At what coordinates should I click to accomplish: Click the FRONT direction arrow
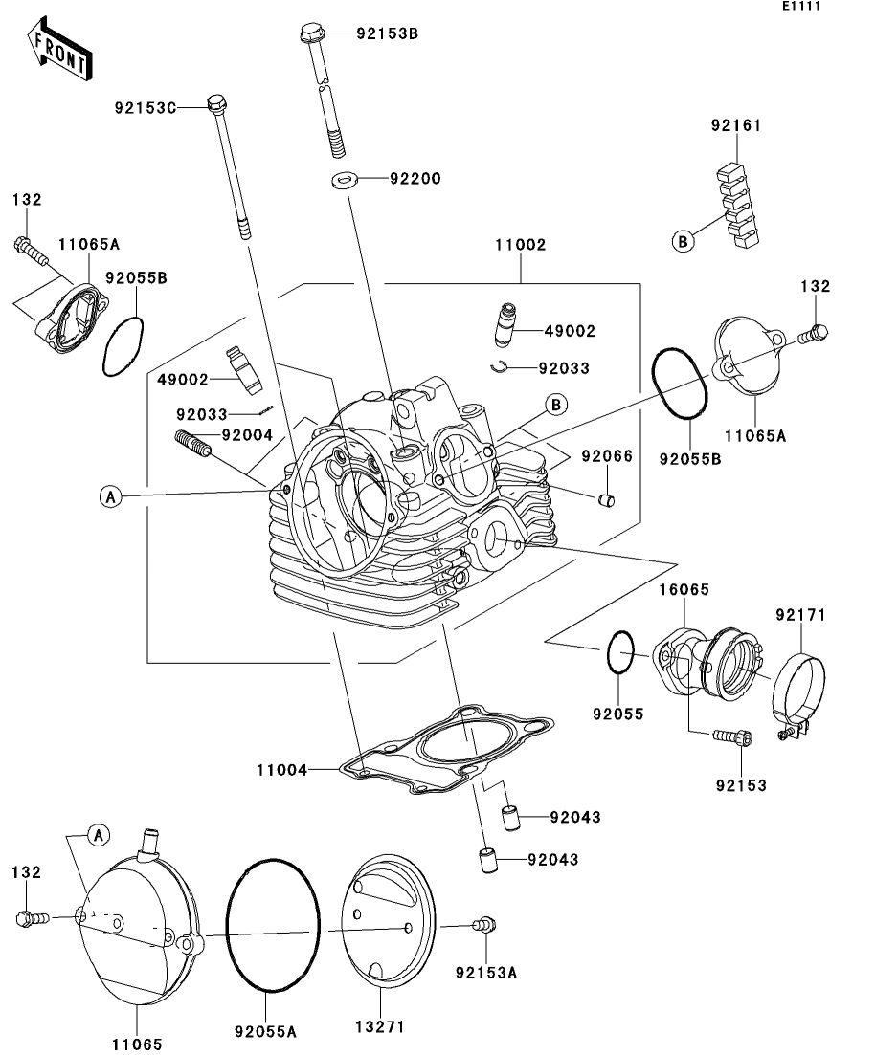coord(60,49)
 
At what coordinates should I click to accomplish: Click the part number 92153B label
coord(388,33)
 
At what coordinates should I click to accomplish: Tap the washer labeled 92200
coord(344,180)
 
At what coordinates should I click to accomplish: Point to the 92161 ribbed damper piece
coord(737,203)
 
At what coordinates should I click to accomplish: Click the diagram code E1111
coord(801,6)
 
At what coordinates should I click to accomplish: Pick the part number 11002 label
coord(520,245)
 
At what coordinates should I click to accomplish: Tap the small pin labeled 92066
coord(606,500)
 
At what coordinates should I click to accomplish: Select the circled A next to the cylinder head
coord(110,496)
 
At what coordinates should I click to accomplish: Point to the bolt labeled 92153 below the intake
coord(732,737)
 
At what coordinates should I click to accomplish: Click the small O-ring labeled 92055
coord(620,651)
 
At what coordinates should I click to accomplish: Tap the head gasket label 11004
coord(281,770)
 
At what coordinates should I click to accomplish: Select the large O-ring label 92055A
coord(265,1031)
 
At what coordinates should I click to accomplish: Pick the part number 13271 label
coord(381,1026)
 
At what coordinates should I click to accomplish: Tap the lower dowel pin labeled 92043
coord(488,861)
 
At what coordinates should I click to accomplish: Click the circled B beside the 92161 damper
coord(683,241)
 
